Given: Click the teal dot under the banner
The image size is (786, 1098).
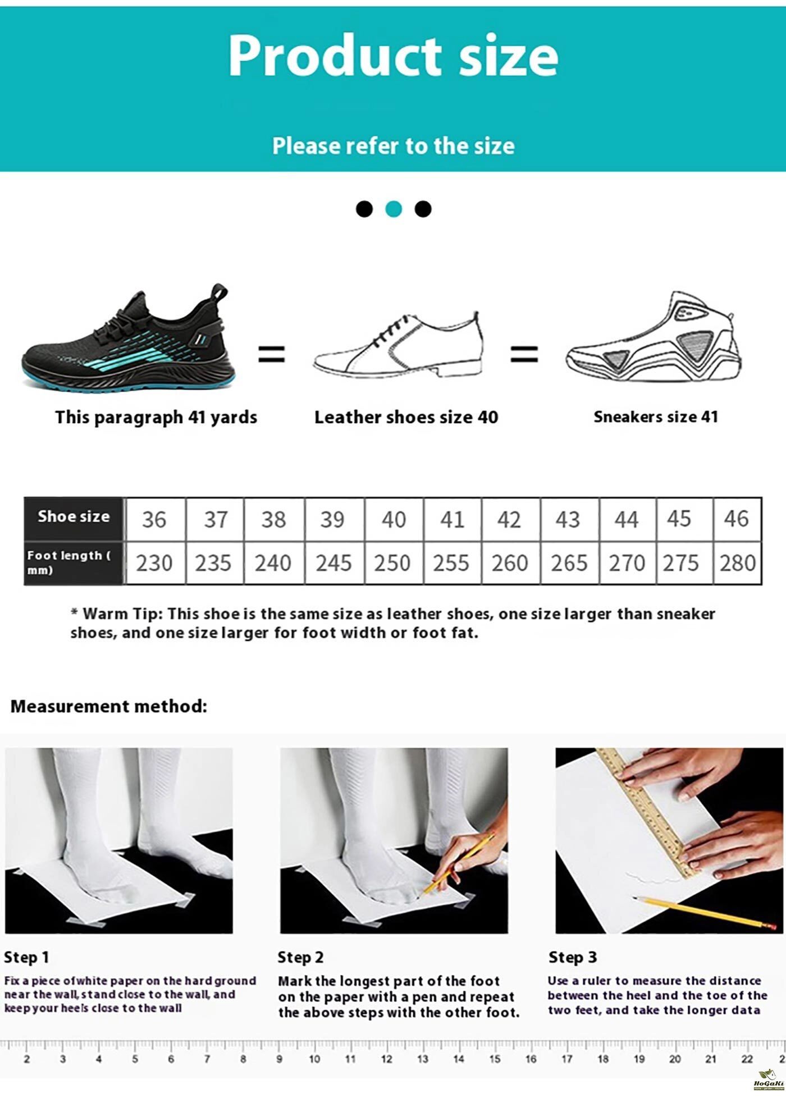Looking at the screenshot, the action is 394,209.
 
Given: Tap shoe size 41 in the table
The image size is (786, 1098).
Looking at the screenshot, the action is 452,519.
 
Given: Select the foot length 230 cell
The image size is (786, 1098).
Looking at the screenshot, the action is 154,563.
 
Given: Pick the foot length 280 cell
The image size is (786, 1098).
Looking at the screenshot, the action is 737,563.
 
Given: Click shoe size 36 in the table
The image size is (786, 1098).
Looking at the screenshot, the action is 154,519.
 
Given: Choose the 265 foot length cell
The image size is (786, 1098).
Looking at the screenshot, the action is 569,563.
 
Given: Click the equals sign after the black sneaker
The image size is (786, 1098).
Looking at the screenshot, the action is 272,354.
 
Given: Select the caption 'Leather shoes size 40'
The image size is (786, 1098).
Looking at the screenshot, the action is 406,417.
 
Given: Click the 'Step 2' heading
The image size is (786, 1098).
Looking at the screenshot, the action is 300,957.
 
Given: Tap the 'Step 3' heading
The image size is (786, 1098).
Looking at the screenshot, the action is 573,957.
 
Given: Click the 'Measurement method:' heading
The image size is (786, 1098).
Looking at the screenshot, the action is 109,706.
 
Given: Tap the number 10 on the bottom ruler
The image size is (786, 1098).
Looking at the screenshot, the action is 314,1059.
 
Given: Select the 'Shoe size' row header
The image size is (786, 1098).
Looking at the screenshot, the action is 74,516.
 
